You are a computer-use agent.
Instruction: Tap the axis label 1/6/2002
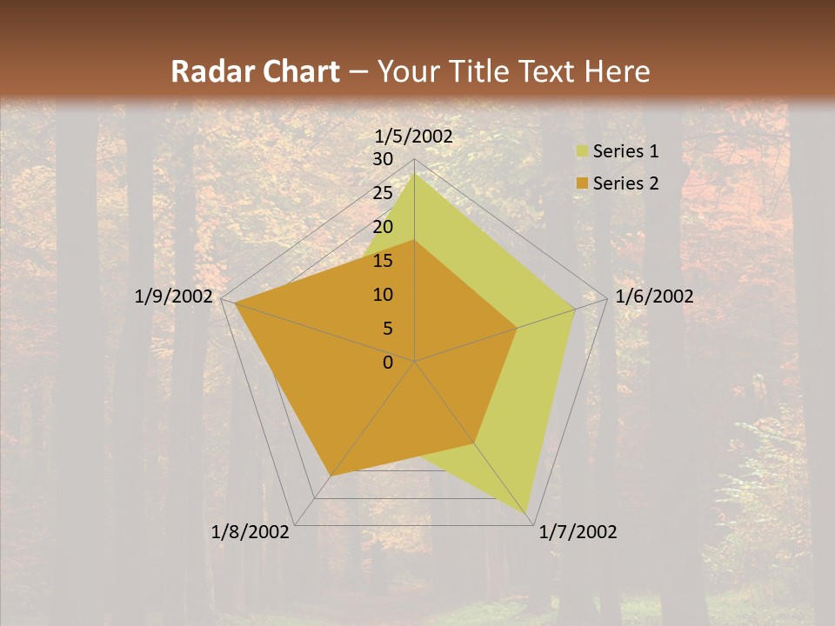coord(654,296)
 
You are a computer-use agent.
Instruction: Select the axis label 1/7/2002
coord(578,532)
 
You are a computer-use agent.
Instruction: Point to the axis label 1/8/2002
coord(250,532)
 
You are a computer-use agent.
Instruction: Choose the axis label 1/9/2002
coord(174,296)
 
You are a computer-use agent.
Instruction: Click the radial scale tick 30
coord(383,159)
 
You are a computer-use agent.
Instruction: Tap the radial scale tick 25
coord(383,193)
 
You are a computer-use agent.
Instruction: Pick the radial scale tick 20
coord(383,227)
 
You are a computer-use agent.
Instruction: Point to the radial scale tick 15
coord(383,261)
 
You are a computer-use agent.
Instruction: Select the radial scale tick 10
coord(383,295)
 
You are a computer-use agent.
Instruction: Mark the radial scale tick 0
coord(388,363)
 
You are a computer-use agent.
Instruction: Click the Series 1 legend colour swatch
coord(582,152)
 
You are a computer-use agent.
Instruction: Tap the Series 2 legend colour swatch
coord(582,183)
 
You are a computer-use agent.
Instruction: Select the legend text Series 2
coord(625,183)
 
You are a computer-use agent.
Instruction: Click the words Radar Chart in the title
coord(255,72)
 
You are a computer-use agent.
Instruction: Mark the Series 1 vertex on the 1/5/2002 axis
coord(414,174)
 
